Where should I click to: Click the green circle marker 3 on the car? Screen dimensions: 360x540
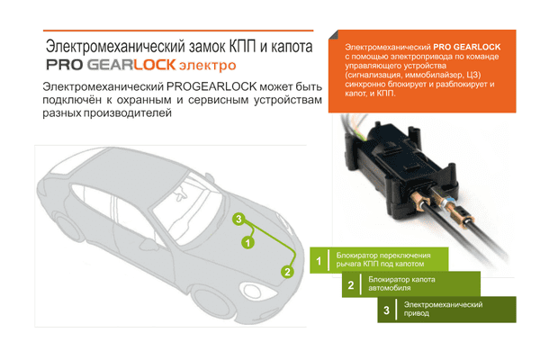point(238,219)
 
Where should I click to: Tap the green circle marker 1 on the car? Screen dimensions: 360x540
point(248,241)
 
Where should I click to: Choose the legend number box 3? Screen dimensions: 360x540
point(386,310)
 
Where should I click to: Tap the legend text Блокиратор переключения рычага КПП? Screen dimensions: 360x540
point(387,261)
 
